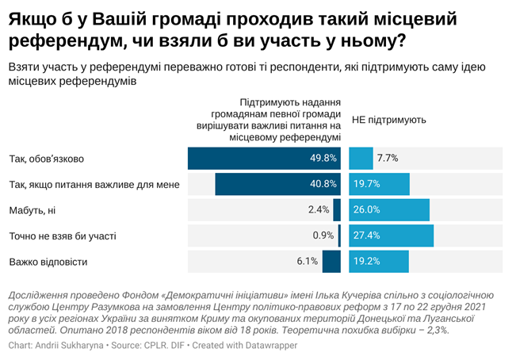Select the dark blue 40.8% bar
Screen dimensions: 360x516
tap(277, 185)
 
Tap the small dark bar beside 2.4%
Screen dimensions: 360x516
tap(337, 210)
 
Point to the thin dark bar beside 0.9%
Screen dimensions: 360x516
tap(339, 236)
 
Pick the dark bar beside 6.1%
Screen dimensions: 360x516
tap(331, 261)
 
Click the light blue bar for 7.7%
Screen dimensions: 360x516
tap(361, 159)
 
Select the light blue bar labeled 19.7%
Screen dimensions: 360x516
tap(379, 185)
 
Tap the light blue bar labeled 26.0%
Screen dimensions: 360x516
tap(389, 210)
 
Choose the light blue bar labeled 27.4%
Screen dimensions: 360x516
tap(392, 236)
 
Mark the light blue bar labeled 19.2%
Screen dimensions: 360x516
tap(378, 261)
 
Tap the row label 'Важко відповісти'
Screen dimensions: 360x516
tap(48, 261)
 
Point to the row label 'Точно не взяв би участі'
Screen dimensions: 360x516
tap(62, 236)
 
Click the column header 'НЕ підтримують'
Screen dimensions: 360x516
tap(388, 121)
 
